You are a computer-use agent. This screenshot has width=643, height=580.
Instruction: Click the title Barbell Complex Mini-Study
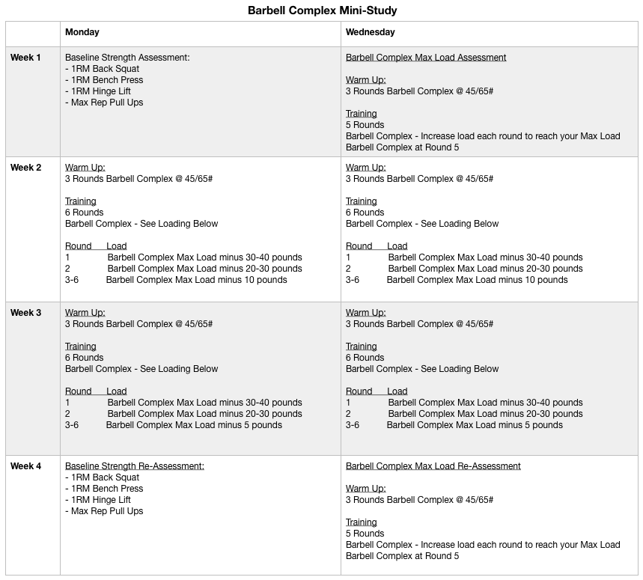[x=322, y=11]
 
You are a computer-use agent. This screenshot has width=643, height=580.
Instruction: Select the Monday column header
[x=82, y=32]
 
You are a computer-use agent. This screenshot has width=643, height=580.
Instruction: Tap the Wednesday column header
[x=370, y=32]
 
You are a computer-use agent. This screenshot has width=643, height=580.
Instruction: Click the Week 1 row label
[x=26, y=58]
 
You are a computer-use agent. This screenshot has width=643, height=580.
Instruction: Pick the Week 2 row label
[x=26, y=168]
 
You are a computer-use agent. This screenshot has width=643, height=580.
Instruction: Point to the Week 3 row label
[x=26, y=313]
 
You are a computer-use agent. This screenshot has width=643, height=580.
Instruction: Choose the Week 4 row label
[x=26, y=466]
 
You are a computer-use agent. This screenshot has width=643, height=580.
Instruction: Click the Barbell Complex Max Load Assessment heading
[x=426, y=58]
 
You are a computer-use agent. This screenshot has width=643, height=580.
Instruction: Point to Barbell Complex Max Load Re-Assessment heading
[x=433, y=466]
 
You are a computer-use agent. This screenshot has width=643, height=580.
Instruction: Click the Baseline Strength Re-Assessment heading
[x=135, y=466]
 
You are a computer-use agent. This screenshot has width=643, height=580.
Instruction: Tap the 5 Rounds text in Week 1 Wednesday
[x=365, y=125]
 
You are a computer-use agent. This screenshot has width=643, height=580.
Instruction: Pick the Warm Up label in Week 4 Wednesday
[x=366, y=489]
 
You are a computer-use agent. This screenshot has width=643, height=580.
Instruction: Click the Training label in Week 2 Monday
[x=81, y=201]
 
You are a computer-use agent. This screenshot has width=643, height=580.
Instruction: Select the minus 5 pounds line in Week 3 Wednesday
[x=475, y=425]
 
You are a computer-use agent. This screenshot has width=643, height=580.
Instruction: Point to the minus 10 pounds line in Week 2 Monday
[x=196, y=280]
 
